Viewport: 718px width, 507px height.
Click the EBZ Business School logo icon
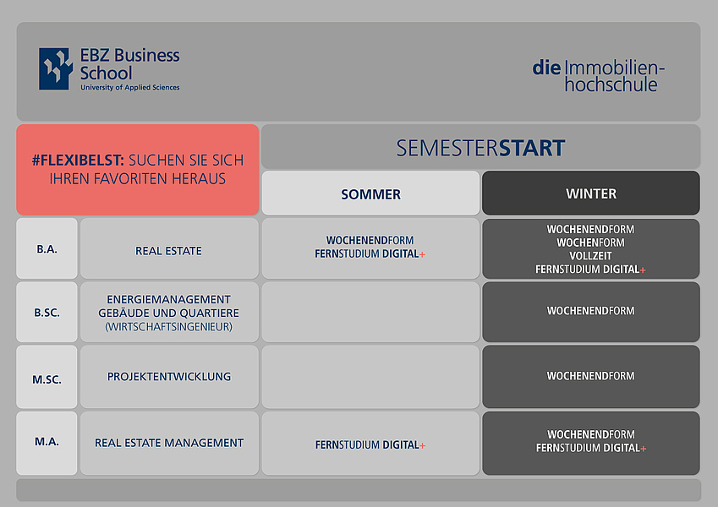pos(56,68)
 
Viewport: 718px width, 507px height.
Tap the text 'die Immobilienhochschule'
pos(598,76)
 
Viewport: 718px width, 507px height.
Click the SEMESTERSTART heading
pos(480,148)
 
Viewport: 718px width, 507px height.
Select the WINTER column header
pos(590,194)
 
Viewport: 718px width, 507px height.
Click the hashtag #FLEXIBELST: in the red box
pos(78,161)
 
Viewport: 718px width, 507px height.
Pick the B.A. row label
pos(47,249)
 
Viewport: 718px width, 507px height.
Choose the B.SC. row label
pos(47,313)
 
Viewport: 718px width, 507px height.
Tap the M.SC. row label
pos(47,379)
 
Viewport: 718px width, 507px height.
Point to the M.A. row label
pos(47,442)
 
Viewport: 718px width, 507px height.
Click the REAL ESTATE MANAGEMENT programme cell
pos(169,443)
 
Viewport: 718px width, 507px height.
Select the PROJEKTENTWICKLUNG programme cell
pos(169,377)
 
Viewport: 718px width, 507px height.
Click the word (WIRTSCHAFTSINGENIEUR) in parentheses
pos(168,327)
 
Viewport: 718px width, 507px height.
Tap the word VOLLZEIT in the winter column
pos(590,256)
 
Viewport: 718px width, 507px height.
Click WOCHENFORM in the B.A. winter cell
pos(590,243)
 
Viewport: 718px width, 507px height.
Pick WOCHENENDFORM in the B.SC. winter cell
pos(590,311)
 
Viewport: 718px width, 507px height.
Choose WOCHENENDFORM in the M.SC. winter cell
pos(590,376)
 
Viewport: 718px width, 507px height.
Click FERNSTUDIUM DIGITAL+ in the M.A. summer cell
pos(370,444)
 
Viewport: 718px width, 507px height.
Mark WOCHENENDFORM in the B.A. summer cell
pos(370,240)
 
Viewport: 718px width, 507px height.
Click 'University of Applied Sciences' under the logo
pos(130,87)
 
